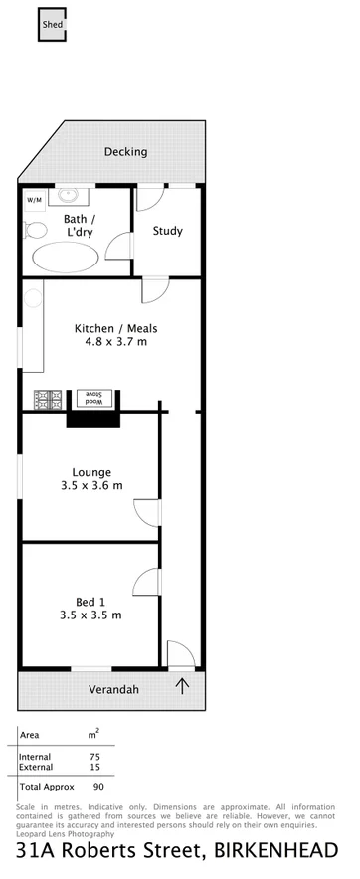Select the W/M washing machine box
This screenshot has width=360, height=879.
(34, 200)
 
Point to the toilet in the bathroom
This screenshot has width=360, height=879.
(36, 231)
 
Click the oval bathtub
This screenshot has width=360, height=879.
(66, 259)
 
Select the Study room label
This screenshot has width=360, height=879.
(167, 231)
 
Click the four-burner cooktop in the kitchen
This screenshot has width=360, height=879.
(47, 399)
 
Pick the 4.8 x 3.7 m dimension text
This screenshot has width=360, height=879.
(115, 342)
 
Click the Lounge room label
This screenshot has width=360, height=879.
(90, 472)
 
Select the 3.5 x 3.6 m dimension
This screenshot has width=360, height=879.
(90, 486)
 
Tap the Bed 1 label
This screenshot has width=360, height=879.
(90, 601)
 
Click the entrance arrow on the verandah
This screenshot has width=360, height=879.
(183, 685)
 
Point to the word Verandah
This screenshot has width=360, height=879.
(110, 689)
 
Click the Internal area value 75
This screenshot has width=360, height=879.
(94, 756)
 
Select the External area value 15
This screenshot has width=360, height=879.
(94, 766)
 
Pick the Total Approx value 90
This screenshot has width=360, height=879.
(98, 786)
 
